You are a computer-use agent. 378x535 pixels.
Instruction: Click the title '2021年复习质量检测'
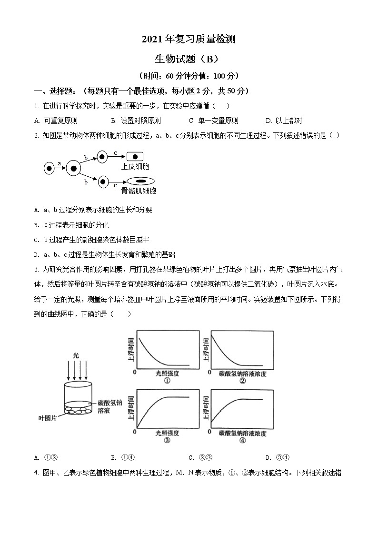click(189, 39)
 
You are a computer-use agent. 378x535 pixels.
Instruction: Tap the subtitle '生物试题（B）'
click(189, 59)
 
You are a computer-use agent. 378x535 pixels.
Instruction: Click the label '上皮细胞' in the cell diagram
click(135, 166)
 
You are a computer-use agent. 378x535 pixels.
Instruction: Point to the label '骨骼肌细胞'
click(139, 191)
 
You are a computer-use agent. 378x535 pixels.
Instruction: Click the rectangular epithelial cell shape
click(135, 156)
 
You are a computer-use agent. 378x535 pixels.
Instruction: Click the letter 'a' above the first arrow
click(59, 163)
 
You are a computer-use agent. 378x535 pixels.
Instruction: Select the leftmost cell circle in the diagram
click(49, 168)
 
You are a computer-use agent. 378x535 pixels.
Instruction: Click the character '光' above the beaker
click(76, 355)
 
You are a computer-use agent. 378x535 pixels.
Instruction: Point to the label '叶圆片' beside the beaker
click(48, 418)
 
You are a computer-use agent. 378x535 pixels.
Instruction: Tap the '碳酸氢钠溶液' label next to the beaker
click(110, 406)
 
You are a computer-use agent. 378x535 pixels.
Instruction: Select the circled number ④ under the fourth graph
click(242, 441)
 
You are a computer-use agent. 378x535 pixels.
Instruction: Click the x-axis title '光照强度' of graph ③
click(167, 433)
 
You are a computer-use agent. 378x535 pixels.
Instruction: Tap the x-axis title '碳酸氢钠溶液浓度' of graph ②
click(242, 373)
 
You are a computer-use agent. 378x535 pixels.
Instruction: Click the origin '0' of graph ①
click(135, 372)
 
